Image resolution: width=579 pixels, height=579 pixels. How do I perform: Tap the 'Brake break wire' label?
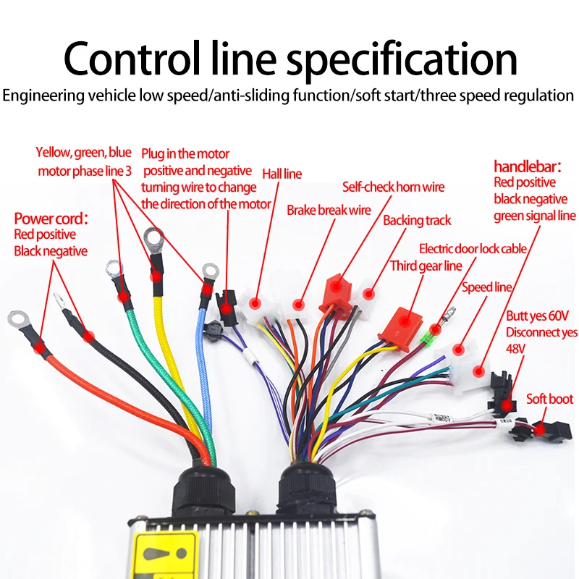(329, 211)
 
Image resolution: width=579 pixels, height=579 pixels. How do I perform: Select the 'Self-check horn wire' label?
(393, 187)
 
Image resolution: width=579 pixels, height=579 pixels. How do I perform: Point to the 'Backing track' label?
(417, 220)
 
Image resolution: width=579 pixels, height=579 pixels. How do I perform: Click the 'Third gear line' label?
(426, 266)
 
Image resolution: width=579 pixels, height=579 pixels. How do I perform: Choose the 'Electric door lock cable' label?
(473, 248)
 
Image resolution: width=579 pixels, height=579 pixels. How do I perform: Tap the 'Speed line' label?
(487, 287)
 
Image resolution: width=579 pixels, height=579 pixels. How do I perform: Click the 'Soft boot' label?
(549, 399)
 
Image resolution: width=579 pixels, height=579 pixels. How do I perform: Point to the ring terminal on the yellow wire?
(153, 237)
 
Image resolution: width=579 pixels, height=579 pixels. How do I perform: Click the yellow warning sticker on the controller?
(167, 555)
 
